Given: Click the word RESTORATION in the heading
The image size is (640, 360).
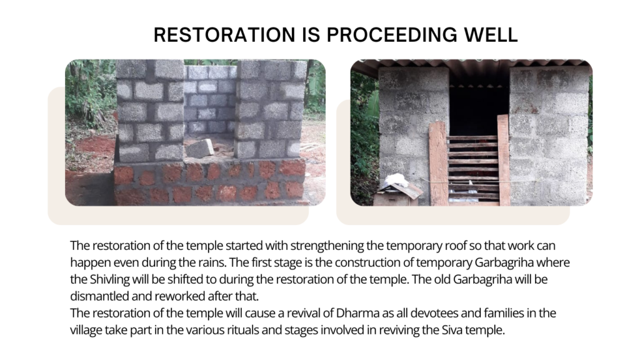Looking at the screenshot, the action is [224, 35].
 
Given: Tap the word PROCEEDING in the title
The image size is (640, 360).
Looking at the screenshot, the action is [392, 35].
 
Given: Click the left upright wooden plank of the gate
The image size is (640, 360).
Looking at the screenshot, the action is [438, 163].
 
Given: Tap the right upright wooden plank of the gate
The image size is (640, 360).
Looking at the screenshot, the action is [503, 160].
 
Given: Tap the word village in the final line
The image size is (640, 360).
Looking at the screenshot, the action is [86, 330].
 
